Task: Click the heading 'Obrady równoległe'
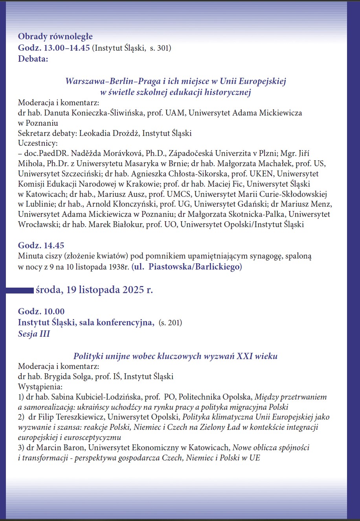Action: point(55,37)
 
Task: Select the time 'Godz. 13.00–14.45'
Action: point(54,48)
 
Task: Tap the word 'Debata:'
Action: point(33,59)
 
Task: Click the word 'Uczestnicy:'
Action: point(38,143)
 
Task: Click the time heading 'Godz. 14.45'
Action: point(41,246)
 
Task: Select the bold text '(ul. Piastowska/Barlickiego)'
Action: point(187,267)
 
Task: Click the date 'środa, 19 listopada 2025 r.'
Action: point(94,290)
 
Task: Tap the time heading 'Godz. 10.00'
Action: point(41,312)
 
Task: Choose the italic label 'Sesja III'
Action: point(34,334)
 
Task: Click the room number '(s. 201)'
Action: point(170,323)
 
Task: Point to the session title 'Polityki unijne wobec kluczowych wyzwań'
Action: point(175,356)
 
